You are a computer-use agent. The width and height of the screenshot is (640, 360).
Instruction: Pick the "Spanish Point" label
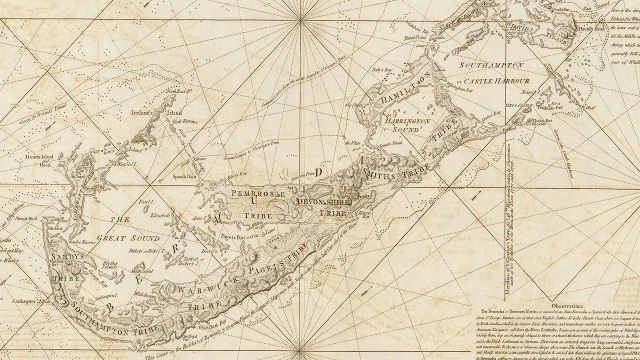188,177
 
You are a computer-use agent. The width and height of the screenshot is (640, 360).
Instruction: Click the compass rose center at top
301,19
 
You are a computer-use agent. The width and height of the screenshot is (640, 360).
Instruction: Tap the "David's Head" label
591,30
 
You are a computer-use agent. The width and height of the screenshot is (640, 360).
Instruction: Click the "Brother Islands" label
108,265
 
